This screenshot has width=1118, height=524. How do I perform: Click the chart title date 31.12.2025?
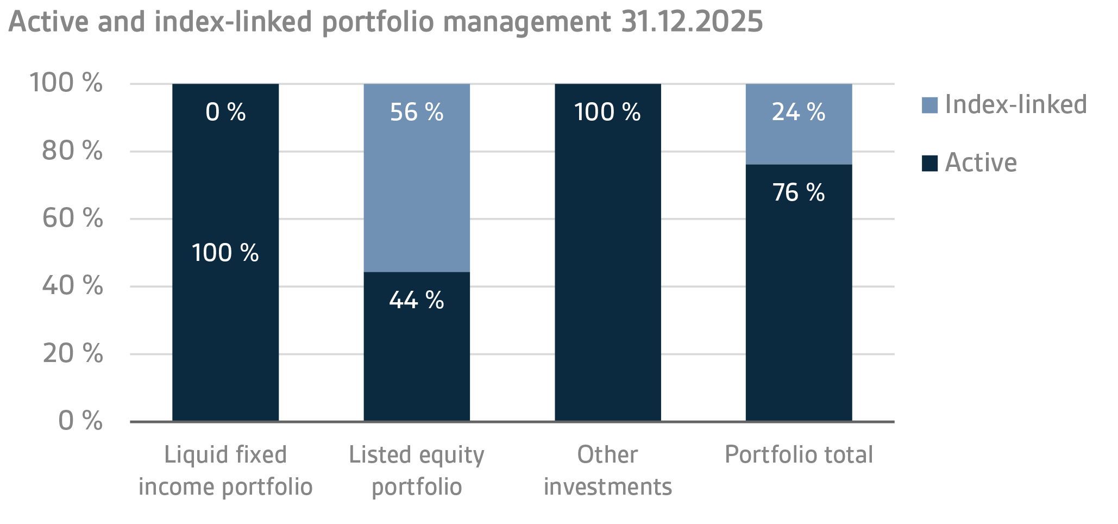[692, 22]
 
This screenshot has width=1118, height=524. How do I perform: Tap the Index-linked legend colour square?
[929, 105]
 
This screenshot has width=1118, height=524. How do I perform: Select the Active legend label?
[981, 163]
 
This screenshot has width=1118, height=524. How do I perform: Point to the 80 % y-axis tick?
[72, 151]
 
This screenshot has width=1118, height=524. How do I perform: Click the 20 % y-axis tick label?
[72, 354]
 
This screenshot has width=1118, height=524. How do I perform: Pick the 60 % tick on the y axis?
[72, 219]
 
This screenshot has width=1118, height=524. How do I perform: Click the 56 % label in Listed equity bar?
[417, 113]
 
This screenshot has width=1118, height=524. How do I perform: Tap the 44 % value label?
[417, 300]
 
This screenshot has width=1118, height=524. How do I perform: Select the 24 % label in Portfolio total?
[799, 113]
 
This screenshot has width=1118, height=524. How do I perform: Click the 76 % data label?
[799, 193]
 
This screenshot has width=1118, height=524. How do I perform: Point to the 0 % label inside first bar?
[225, 113]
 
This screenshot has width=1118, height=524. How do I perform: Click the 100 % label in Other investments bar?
[607, 113]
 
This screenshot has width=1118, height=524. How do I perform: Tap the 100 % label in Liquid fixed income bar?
[225, 253]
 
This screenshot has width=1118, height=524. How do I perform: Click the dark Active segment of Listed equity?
[417, 359]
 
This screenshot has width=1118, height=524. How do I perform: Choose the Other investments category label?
[607, 470]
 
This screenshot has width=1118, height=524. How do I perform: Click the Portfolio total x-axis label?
[799, 455]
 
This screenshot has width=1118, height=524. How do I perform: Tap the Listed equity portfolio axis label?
[417, 470]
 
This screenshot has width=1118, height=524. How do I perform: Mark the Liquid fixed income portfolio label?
[225, 470]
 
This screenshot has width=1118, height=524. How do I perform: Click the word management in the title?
[527, 22]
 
